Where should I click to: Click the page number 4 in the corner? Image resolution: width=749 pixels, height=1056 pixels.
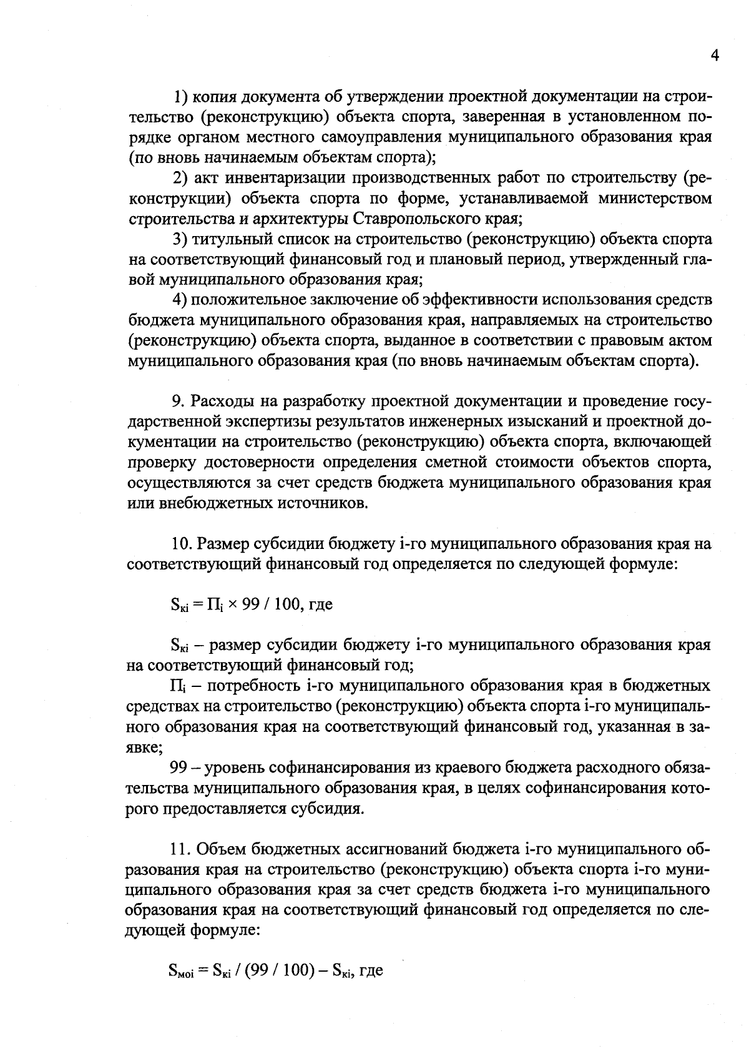(x=715, y=56)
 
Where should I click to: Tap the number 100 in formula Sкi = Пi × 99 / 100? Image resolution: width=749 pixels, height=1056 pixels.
(x=286, y=604)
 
